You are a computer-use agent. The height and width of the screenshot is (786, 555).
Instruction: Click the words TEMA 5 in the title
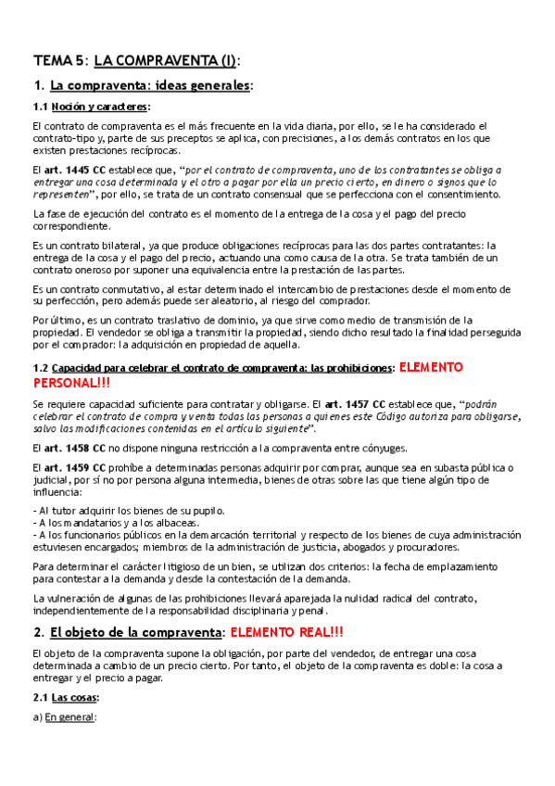click(57, 61)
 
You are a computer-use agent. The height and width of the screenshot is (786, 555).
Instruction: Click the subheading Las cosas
click(75, 697)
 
